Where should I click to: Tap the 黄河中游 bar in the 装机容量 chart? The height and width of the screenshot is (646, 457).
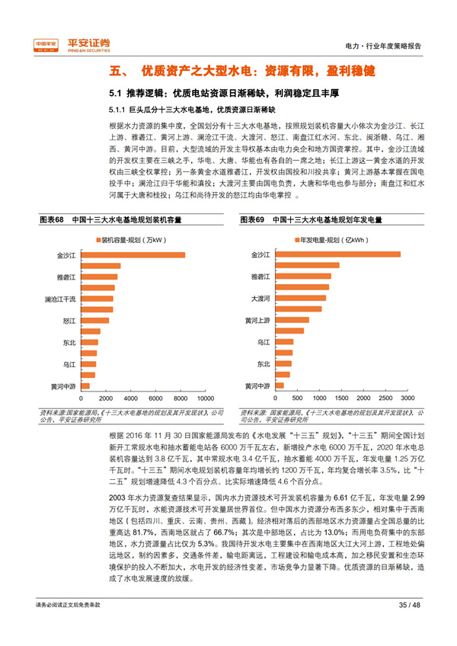pyautogui.click(x=85, y=385)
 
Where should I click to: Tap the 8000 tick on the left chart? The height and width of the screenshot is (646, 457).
pyautogui.click(x=181, y=398)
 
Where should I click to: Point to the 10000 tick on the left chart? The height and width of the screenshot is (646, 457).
pyautogui.click(x=205, y=398)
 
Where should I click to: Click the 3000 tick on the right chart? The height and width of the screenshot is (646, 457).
pyautogui.click(x=407, y=398)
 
